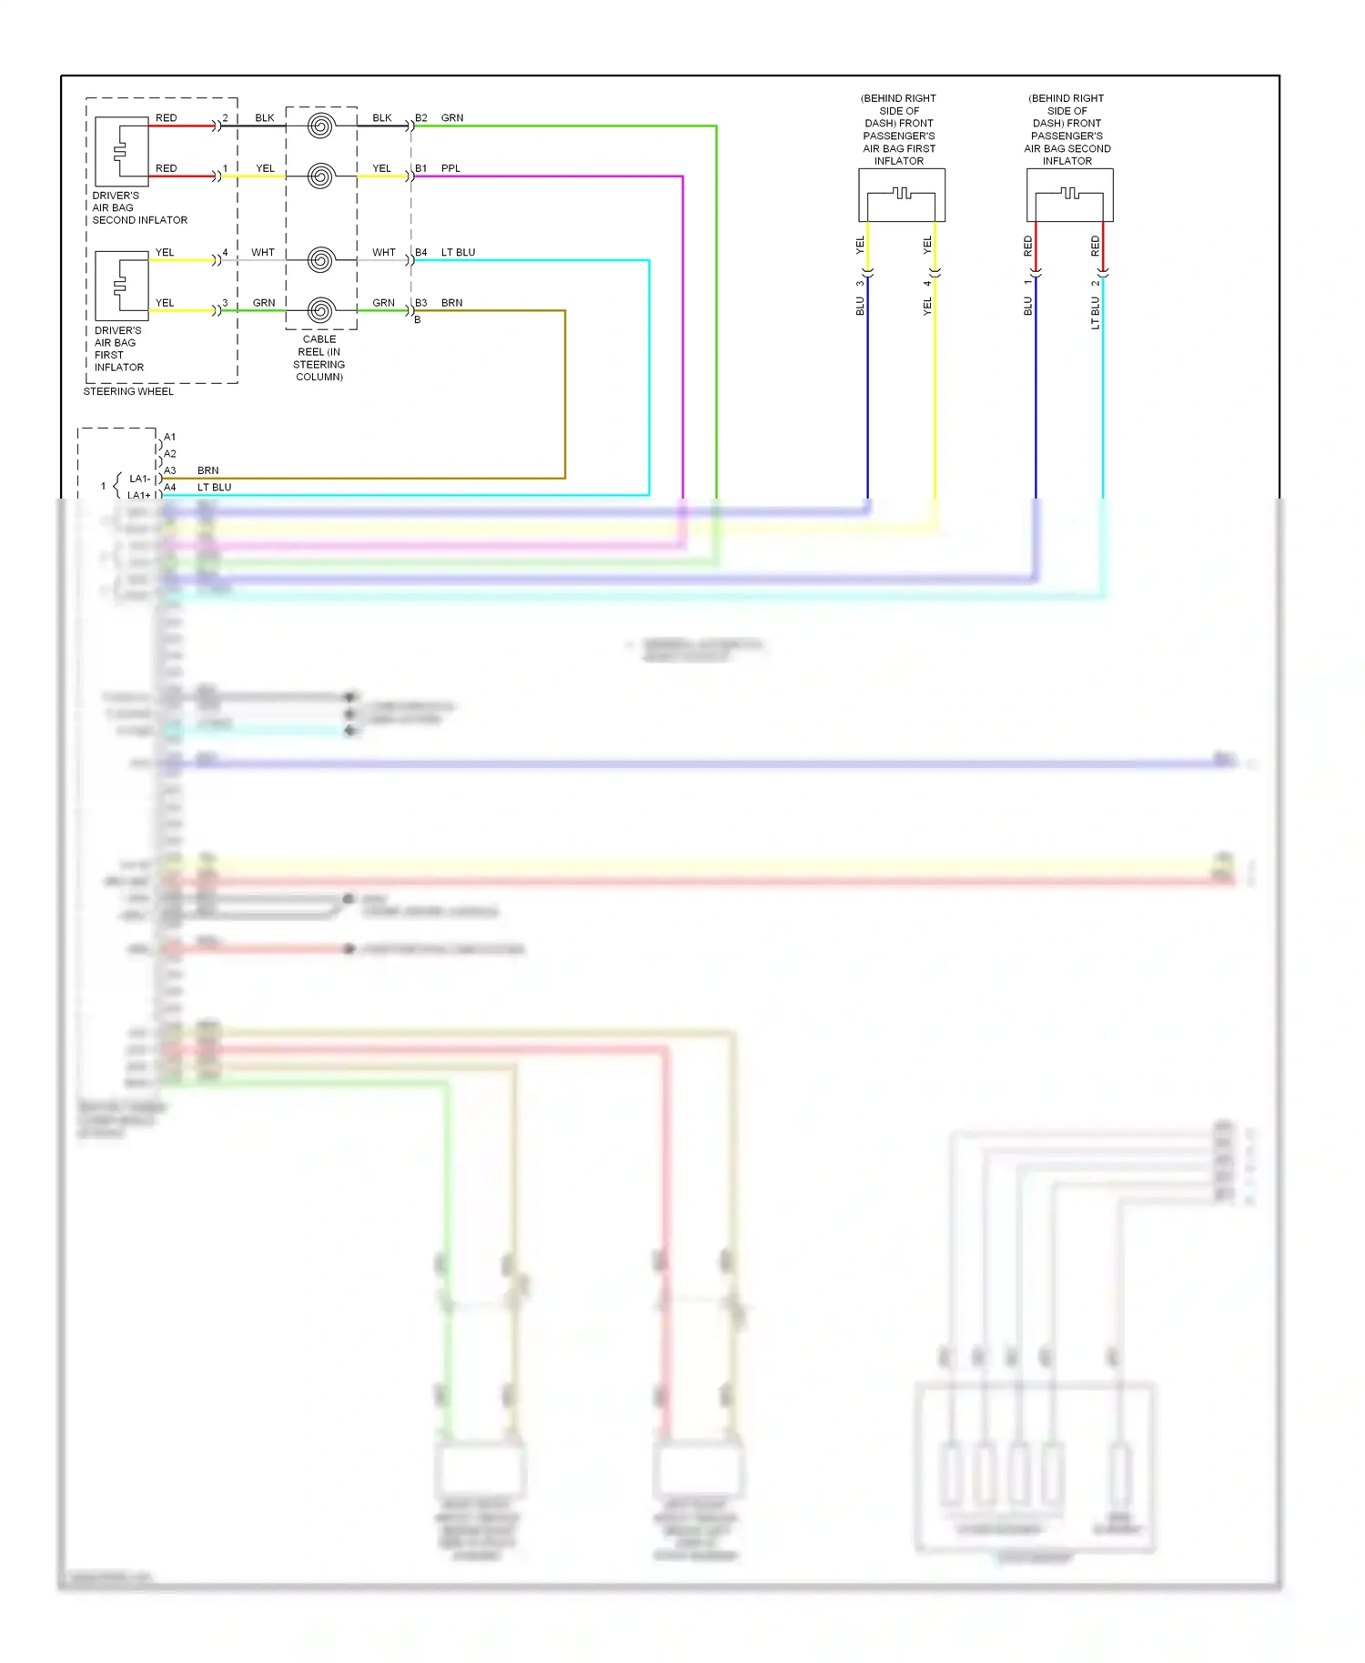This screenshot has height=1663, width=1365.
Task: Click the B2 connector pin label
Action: [420, 118]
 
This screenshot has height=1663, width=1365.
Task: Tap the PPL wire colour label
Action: [450, 168]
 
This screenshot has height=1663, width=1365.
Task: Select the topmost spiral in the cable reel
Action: [320, 126]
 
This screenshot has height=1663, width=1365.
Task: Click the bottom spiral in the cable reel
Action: [320, 310]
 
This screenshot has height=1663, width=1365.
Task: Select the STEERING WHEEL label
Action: [128, 392]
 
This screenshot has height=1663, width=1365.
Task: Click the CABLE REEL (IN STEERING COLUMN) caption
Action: [319, 358]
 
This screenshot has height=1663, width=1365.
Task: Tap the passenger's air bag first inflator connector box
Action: [901, 195]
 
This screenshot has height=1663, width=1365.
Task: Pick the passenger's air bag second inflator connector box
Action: [1069, 195]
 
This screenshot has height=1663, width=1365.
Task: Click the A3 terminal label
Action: [170, 470]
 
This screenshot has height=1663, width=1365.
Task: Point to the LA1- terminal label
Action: [139, 479]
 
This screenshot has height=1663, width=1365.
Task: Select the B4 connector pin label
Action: [420, 253]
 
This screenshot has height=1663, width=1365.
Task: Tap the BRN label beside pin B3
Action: [451, 303]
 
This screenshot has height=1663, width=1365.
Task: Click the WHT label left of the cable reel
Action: [263, 253]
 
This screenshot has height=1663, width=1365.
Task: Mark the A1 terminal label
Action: [170, 438]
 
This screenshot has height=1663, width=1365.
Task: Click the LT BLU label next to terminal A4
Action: [215, 488]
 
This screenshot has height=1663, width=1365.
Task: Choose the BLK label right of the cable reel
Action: [382, 118]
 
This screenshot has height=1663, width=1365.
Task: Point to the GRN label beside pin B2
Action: [452, 118]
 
